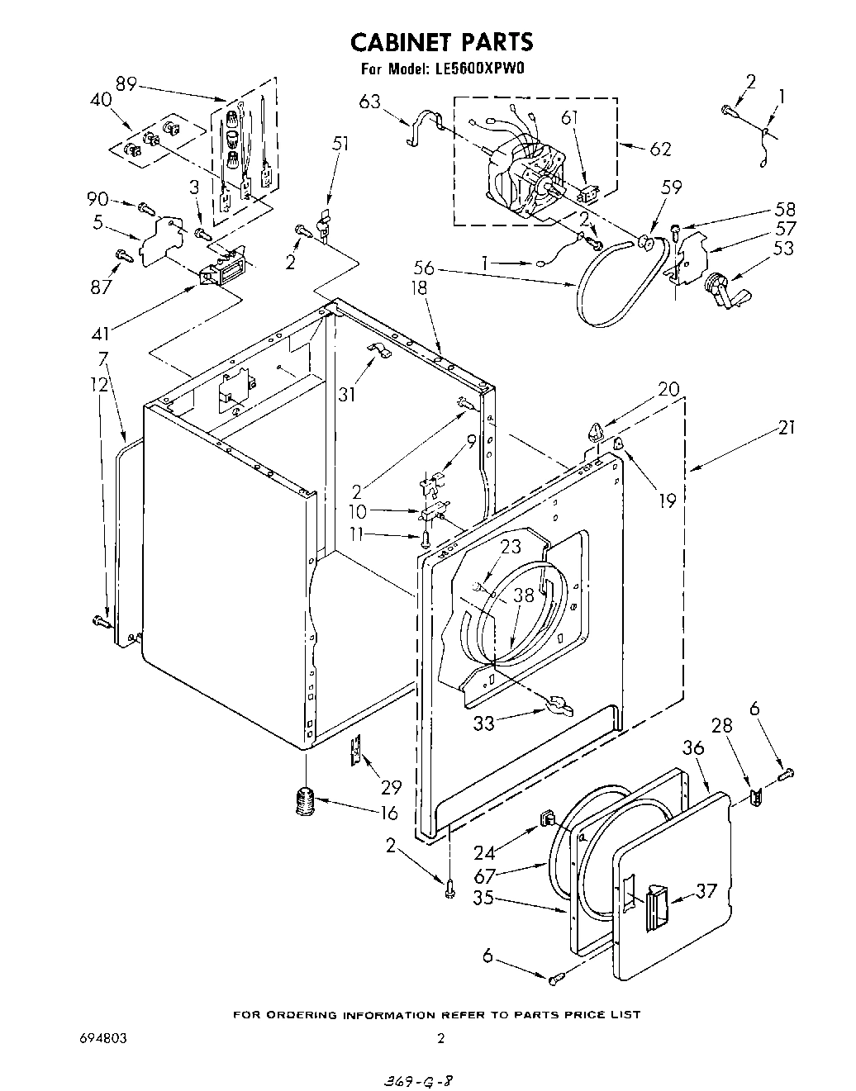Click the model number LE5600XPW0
pos(478,69)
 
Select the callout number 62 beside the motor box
pos(659,149)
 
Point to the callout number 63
pos(370,102)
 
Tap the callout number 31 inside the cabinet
pos(347,395)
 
